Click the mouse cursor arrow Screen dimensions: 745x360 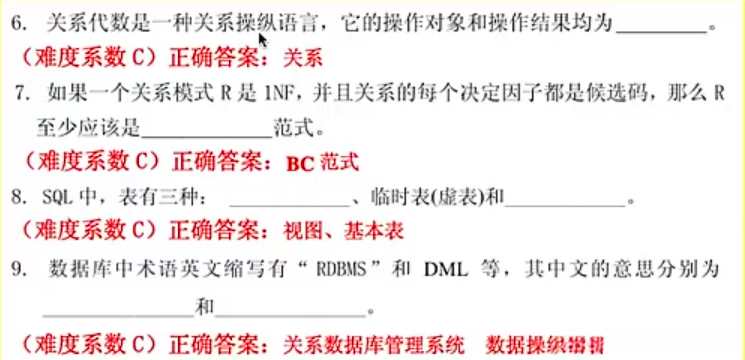tap(263, 38)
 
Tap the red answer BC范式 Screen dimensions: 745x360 tap(322, 162)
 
